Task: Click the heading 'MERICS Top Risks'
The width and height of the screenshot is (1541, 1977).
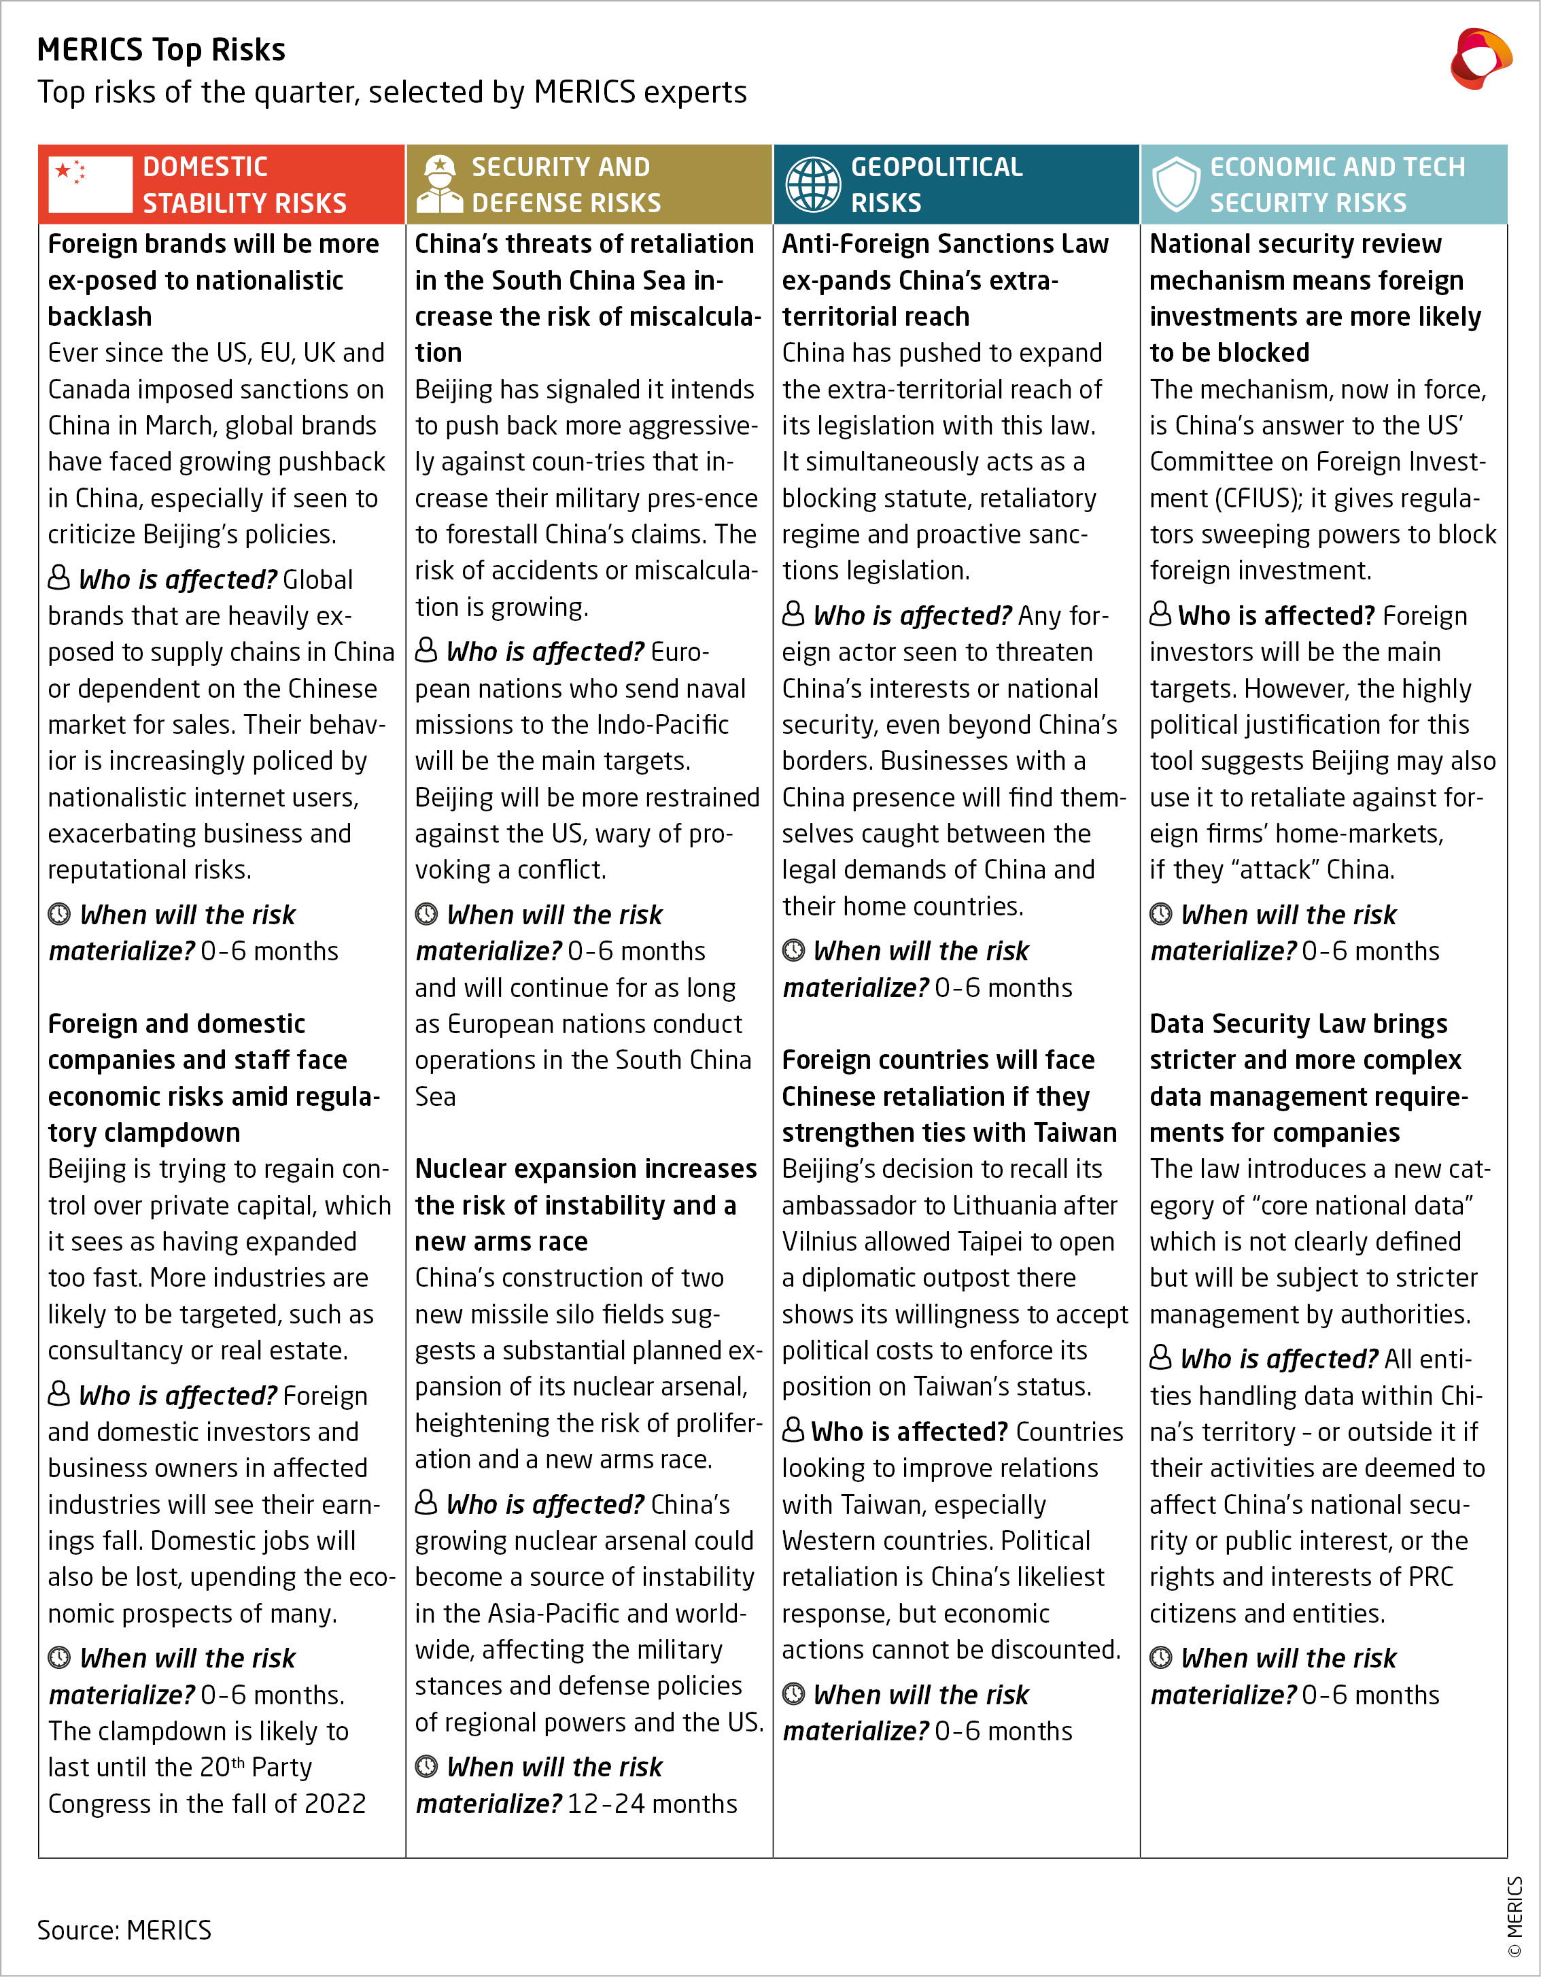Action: pos(161,50)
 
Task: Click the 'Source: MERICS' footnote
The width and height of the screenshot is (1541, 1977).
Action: pos(124,1930)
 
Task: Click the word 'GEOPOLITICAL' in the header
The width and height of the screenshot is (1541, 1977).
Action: pos(937,167)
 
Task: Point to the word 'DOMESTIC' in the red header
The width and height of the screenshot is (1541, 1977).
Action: pos(205,167)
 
